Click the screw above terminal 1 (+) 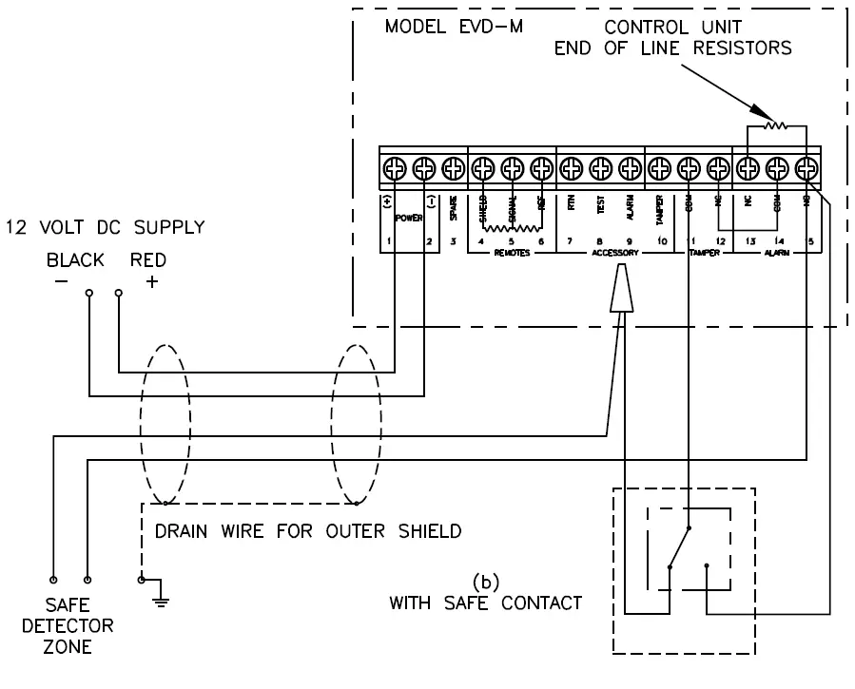[x=394, y=169]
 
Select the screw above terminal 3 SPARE [x=453, y=169]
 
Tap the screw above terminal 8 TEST [x=599, y=169]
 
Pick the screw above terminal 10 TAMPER [x=659, y=169]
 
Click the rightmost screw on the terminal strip [x=806, y=169]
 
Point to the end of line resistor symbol [x=777, y=124]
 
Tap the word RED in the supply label [x=148, y=259]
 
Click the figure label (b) [x=486, y=581]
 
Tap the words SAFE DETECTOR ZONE [x=81, y=626]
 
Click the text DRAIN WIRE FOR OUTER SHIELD [x=309, y=531]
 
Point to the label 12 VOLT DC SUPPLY [x=104, y=227]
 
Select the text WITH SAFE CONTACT [x=485, y=602]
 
